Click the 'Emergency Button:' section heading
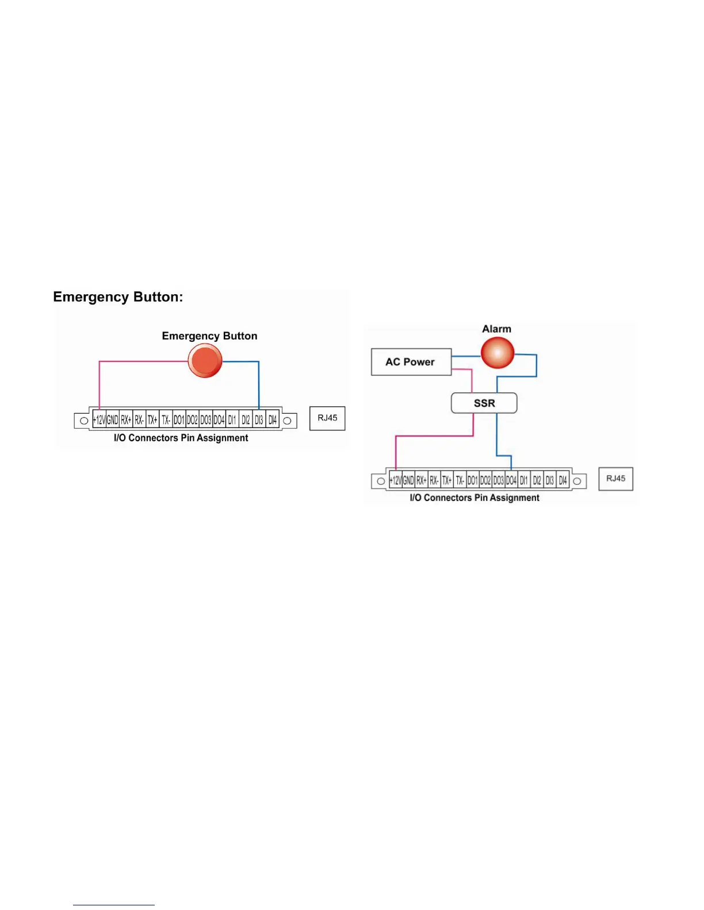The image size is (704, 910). point(118,297)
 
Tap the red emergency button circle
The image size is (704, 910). point(205,361)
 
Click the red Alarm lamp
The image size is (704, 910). point(497,352)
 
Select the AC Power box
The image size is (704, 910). point(411,362)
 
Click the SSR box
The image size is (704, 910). point(484,403)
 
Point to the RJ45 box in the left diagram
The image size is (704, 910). point(327,418)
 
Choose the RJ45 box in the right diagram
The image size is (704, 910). point(615,479)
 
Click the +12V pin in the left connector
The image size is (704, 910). point(100,420)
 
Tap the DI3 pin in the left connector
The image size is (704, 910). point(259,420)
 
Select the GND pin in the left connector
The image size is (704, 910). point(113,420)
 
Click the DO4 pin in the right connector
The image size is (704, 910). point(511,480)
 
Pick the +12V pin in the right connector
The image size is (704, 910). point(395,480)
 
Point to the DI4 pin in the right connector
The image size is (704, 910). point(563,480)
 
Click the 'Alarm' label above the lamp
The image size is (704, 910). point(496,329)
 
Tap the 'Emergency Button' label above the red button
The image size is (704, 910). point(209,336)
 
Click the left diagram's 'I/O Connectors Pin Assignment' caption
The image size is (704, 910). point(181,438)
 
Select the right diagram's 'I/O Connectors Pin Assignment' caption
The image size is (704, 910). point(475,498)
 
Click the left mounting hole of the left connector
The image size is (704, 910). point(84,421)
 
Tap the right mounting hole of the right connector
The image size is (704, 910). point(577,481)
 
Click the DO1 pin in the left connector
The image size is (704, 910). point(179,420)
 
